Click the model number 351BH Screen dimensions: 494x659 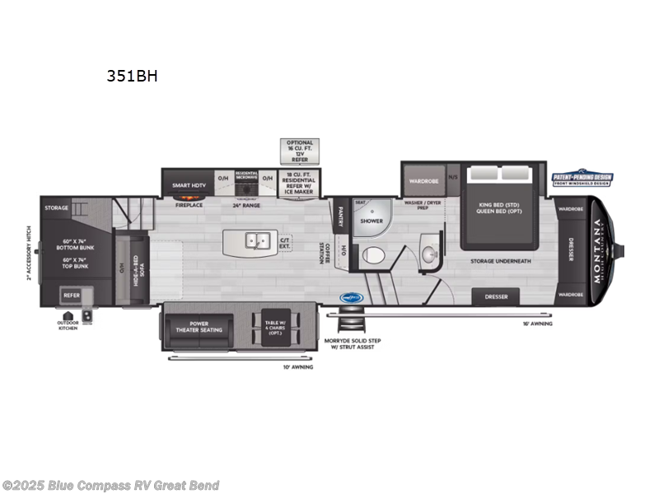(x=131, y=77)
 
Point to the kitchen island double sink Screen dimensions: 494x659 (x=257, y=241)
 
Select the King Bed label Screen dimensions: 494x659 (x=500, y=209)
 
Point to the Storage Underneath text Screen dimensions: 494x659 (x=500, y=261)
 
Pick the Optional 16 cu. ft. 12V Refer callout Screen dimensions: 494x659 (x=300, y=152)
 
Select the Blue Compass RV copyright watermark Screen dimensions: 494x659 (x=110, y=485)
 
